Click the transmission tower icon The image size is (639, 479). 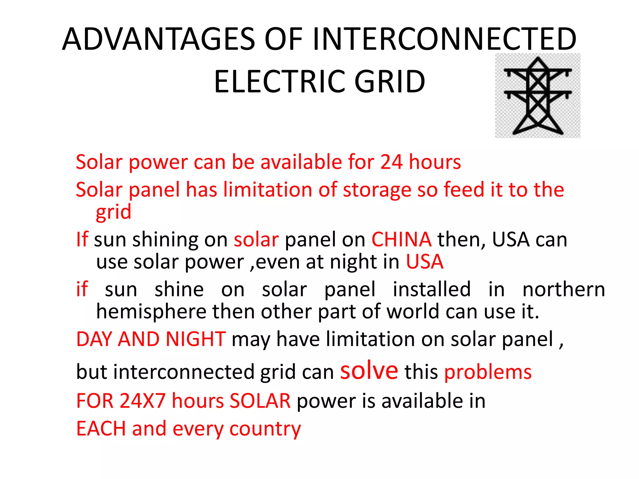point(538,95)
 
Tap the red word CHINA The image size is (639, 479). point(401,239)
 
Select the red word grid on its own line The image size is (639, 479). point(113,212)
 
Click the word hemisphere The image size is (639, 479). point(151,311)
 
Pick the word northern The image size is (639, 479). point(563,289)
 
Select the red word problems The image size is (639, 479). point(488,372)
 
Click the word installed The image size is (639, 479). point(432,289)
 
